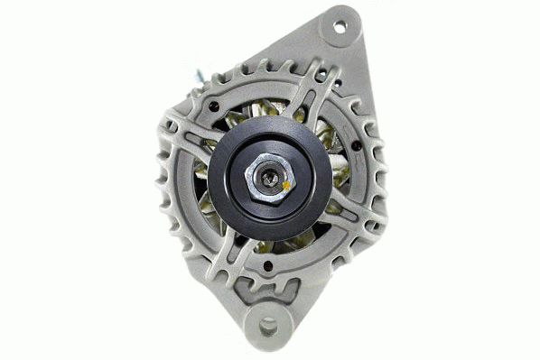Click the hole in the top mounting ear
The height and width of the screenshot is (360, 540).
pyautogui.click(x=340, y=26)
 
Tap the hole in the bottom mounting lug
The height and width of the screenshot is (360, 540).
pyautogui.click(x=268, y=326)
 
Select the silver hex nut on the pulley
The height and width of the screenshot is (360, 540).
pyautogui.click(x=268, y=179)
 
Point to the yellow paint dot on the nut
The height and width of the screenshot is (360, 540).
pyautogui.click(x=286, y=185)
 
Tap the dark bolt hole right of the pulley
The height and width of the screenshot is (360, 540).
pyautogui.click(x=357, y=145)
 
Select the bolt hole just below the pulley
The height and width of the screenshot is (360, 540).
pyautogui.click(x=268, y=264)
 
